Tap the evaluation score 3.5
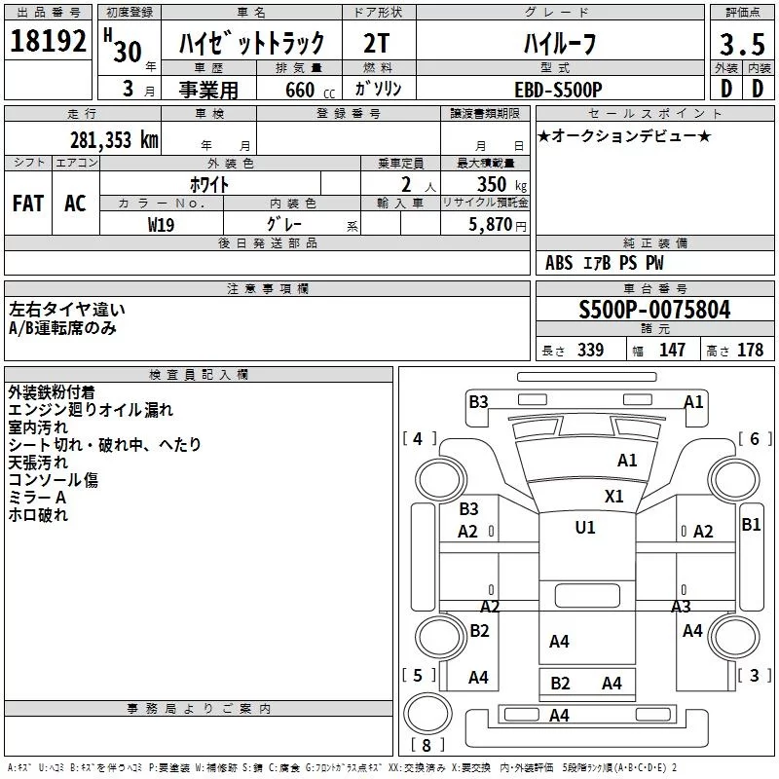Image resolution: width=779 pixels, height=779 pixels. (x=740, y=45)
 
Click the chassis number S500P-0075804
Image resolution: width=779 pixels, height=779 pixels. (x=654, y=311)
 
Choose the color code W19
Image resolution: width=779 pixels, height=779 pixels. (x=162, y=223)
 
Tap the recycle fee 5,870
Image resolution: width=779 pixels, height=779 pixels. (x=492, y=223)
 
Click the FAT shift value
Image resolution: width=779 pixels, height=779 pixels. (x=28, y=204)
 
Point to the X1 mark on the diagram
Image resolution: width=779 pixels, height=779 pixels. (x=613, y=496)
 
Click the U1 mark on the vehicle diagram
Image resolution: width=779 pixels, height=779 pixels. (x=584, y=527)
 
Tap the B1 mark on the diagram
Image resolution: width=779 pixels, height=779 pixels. (x=751, y=525)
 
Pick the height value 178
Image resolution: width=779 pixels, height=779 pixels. (x=750, y=351)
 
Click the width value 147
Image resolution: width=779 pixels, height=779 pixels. (x=672, y=351)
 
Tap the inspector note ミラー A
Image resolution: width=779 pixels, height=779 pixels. (x=37, y=498)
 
